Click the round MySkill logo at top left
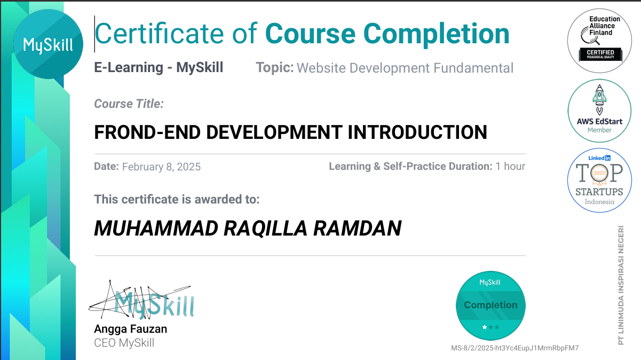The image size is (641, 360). [48, 44]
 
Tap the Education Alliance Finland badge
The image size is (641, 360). [599, 41]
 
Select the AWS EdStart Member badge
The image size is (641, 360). [599, 111]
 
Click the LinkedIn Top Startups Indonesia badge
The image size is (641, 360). [599, 180]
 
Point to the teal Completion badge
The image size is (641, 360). [490, 306]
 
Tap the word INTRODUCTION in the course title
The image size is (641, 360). [417, 132]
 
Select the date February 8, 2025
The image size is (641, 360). [161, 167]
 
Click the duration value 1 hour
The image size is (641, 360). [510, 166]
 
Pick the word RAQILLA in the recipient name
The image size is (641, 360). [265, 229]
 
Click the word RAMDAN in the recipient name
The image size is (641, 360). [358, 228]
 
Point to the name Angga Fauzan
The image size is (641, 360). [130, 329]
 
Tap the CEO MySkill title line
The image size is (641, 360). [124, 343]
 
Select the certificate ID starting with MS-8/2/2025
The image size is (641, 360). [515, 348]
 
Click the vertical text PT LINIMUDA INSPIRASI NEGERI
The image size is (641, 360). [621, 285]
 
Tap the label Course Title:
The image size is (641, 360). [129, 104]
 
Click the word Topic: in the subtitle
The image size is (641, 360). [275, 68]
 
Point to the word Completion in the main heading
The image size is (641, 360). [437, 34]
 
